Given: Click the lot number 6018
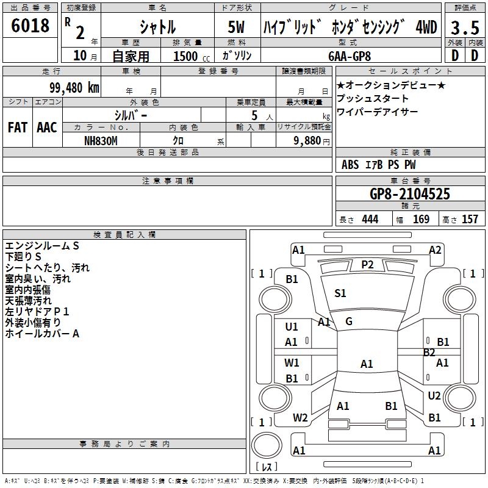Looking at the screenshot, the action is tap(30, 26).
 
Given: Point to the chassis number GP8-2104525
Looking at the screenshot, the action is tap(410, 194).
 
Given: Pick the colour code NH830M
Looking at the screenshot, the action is tap(101, 140).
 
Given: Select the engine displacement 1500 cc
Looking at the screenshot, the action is tap(188, 56).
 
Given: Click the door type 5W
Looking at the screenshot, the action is tap(237, 27).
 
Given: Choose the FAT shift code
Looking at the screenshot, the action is tap(18, 127).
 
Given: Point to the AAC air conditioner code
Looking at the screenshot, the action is tap(47, 127).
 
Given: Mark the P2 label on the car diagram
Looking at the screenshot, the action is tap(367, 264).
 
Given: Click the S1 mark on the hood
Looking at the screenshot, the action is tap(340, 293).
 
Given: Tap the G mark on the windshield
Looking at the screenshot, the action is tap(348, 321).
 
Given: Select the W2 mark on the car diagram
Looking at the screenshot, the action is tap(300, 418).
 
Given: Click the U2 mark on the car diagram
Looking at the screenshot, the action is tap(434, 396).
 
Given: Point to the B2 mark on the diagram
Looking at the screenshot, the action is tap(429, 353).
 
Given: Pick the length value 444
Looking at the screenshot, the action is tap(370, 219).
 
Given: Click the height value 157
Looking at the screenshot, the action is tap(470, 219).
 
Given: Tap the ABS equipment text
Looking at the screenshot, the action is tap(350, 165).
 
